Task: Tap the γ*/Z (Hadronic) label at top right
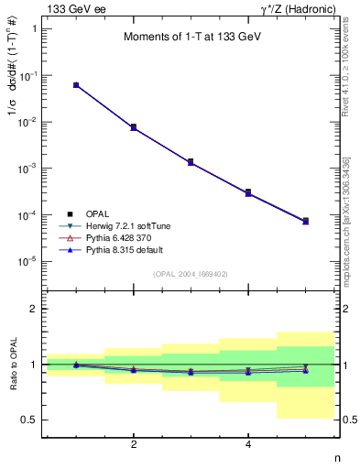pyautogui.click(x=299, y=8)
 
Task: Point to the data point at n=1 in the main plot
pyautogui.click(x=76, y=85)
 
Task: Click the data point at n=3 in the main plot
pyautogui.click(x=191, y=162)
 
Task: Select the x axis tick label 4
pyautogui.click(x=248, y=445)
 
